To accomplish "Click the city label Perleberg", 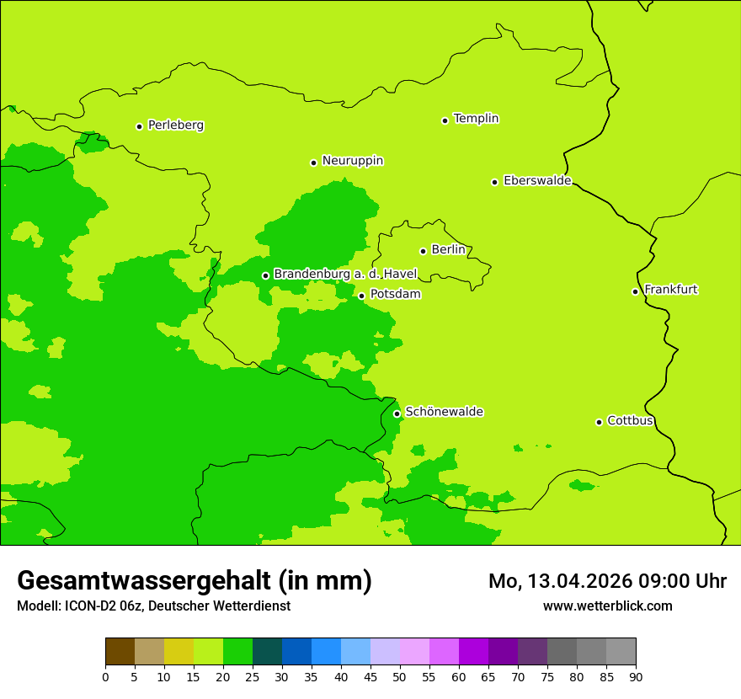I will [175, 125].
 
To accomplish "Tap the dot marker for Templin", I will [445, 120].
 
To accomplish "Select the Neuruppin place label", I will [352, 161].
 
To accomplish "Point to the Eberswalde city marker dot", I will [494, 182].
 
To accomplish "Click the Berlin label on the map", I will [448, 250].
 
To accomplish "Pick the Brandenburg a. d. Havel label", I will [345, 275].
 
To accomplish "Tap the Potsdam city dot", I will [361, 296].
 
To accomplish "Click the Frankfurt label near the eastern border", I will [670, 290].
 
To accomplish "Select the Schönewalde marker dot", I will [397, 414].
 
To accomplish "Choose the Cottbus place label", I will [630, 420].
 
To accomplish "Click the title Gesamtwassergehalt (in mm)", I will [195, 581].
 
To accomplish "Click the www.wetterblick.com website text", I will [607, 606].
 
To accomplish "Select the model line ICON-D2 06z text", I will [153, 606].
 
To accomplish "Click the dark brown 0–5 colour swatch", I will [120, 652].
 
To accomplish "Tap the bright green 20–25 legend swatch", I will [237, 652].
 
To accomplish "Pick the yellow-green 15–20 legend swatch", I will [208, 652].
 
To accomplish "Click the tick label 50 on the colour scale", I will [400, 677].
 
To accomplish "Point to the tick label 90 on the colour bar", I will [636, 677].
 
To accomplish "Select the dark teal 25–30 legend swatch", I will [267, 652].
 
